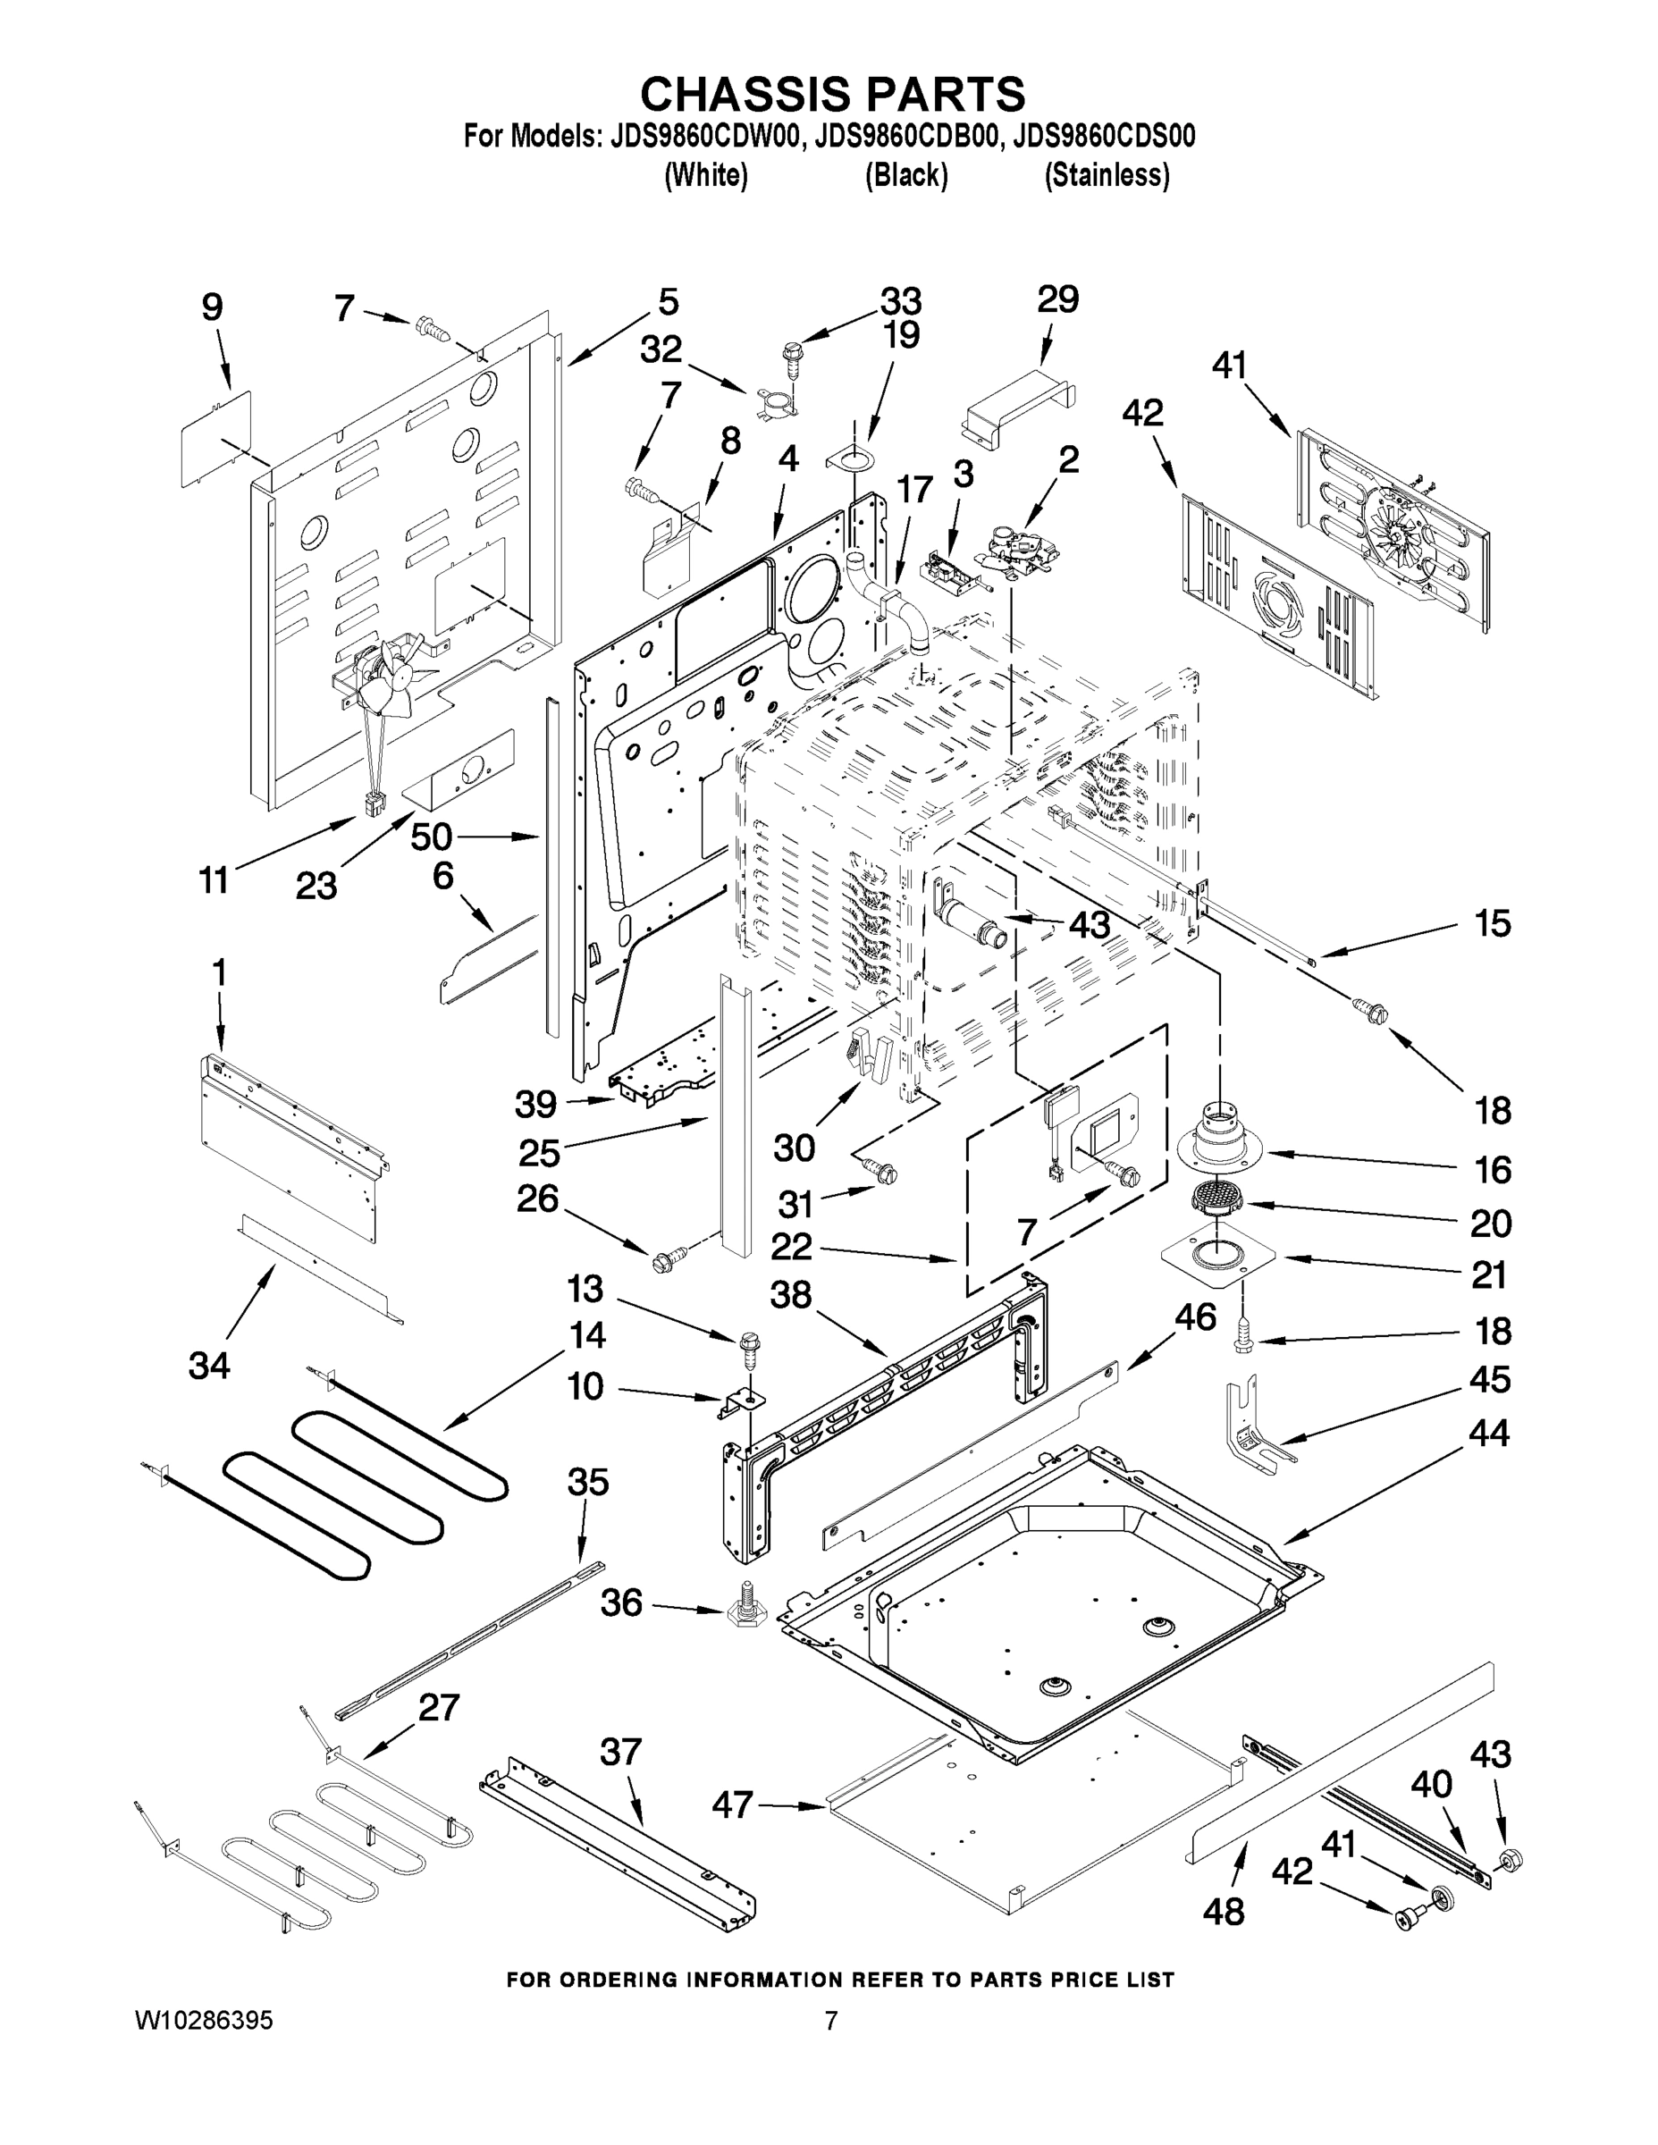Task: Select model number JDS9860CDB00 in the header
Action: click(x=905, y=137)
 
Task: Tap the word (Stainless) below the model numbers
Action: click(x=1107, y=176)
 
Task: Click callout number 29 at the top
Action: click(x=1058, y=299)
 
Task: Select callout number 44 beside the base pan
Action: click(x=1488, y=1433)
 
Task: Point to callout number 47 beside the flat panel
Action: click(x=734, y=1804)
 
